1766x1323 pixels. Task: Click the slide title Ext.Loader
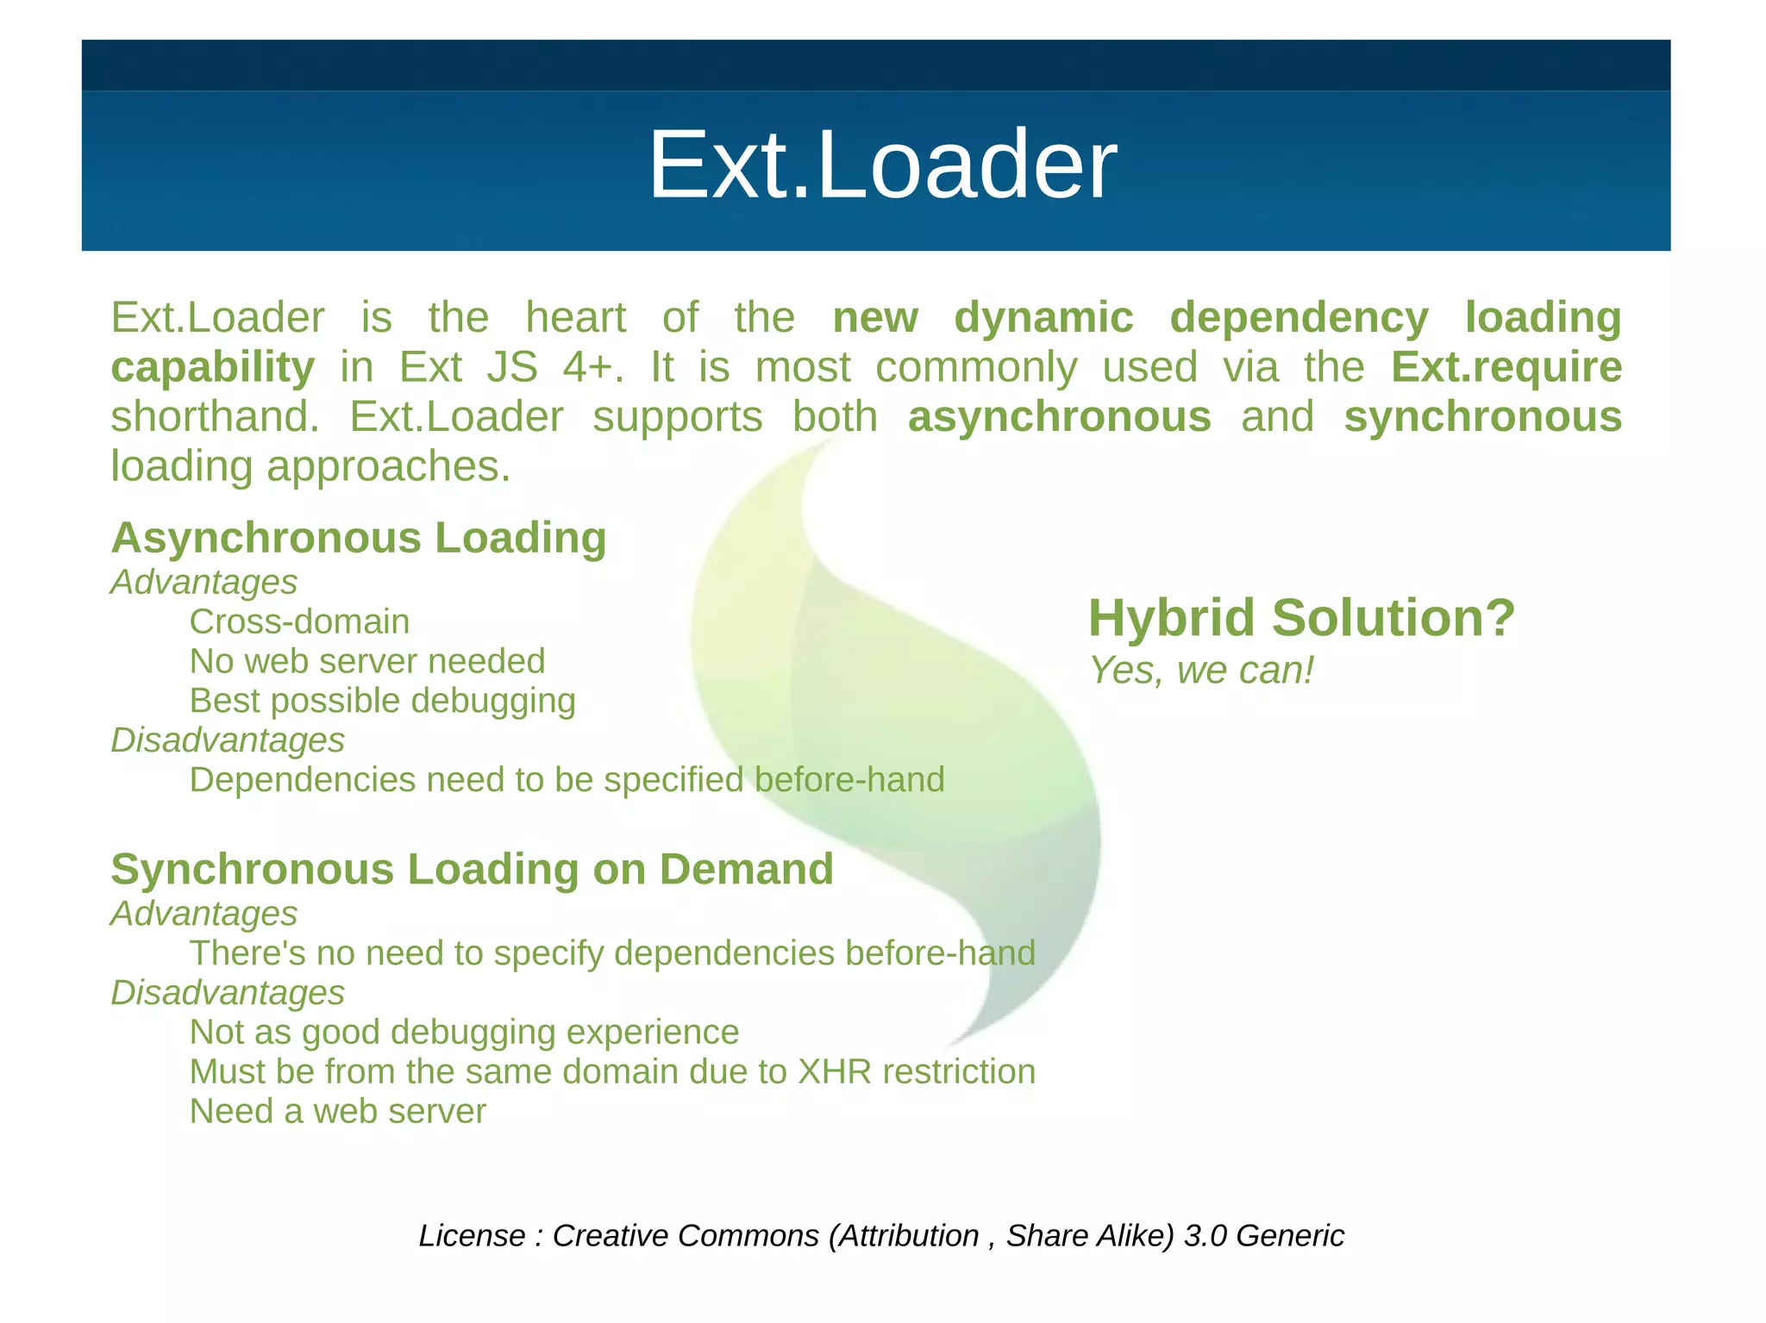click(881, 165)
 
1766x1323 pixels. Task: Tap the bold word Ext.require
click(1506, 367)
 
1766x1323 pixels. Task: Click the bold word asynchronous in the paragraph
click(1059, 417)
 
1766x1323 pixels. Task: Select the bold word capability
click(212, 368)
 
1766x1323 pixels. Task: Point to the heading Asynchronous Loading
click(359, 538)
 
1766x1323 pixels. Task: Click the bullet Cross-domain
click(299, 621)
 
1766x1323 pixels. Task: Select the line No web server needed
click(367, 661)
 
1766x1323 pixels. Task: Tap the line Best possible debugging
click(382, 701)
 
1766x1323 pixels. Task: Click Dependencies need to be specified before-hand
click(567, 780)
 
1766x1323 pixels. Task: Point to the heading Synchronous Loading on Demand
click(472, 869)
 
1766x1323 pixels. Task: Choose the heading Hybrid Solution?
click(1300, 618)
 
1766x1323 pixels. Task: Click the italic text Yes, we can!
click(1200, 671)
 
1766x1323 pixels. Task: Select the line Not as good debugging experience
click(464, 1032)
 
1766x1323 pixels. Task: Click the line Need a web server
click(337, 1111)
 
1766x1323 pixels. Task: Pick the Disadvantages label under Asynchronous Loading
click(228, 740)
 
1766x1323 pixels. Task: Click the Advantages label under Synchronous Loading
click(204, 914)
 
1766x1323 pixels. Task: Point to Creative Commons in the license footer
click(685, 1235)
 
